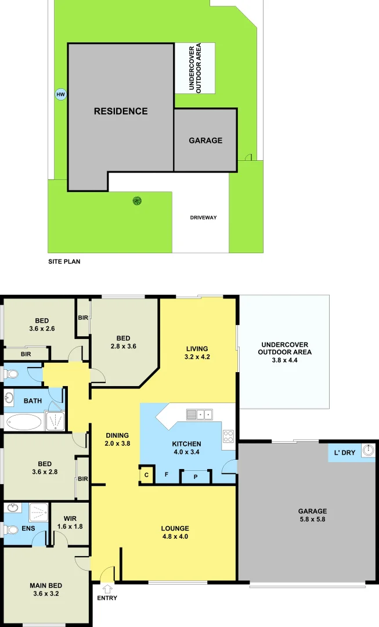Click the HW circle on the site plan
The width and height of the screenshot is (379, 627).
point(60,95)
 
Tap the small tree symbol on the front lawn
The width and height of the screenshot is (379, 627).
point(137,201)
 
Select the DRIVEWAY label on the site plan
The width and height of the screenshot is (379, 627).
point(203,218)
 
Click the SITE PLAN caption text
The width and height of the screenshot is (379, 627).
point(64,262)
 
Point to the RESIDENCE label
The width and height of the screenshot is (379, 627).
point(121,111)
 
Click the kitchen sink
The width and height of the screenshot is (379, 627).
point(199,415)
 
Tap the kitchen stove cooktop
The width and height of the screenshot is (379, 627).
point(229,436)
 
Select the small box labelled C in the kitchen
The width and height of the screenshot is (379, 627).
point(147,475)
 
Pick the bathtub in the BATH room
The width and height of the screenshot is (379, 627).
point(24,421)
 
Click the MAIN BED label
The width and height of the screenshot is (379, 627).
point(46,585)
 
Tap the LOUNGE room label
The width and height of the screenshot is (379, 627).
point(175,528)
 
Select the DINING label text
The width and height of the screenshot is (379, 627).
point(117,435)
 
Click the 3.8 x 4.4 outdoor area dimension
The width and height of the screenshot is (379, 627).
point(285,361)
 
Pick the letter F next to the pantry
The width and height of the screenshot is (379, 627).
point(167,475)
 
